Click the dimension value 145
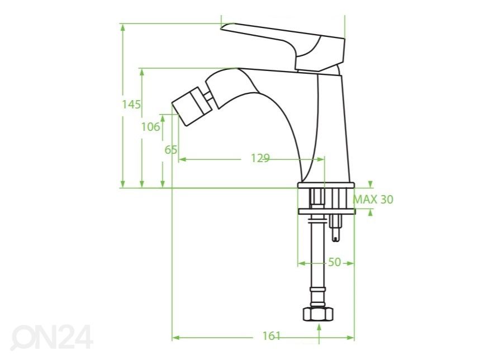tap(131, 105)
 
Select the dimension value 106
tap(150, 127)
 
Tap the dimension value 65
tap(170, 149)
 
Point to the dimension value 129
tap(260, 158)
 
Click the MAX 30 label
tap(373, 199)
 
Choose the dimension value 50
tap(334, 262)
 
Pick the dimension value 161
tap(272, 336)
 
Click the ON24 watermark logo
tap(52, 337)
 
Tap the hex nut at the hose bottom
tap(318, 314)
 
